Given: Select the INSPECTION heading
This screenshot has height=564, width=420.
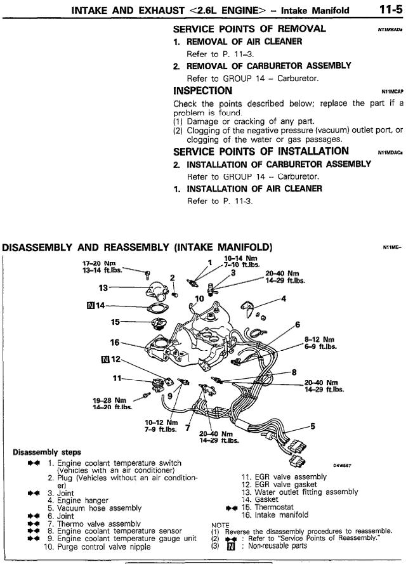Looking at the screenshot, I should tap(202, 91).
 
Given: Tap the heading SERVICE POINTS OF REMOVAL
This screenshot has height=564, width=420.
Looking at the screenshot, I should tap(249, 29).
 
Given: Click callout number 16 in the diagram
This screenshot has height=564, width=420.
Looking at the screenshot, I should tap(115, 343).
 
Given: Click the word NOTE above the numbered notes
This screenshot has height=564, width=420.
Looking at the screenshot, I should tap(220, 525).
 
